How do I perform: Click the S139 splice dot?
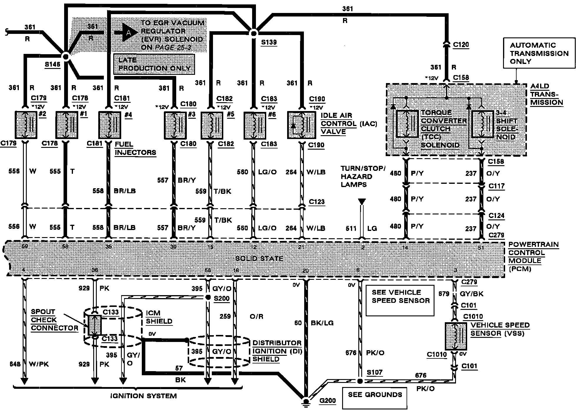pos(253,33)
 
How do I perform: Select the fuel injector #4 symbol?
pos(109,125)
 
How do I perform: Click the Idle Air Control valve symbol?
pos(301,125)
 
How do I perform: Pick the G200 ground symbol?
pos(306,402)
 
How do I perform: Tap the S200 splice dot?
pos(208,297)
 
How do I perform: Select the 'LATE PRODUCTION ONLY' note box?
pos(154,64)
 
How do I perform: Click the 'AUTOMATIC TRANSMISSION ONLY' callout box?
pos(539,53)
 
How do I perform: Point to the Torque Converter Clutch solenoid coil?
pos(407,124)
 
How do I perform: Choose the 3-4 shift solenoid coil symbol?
pos(482,124)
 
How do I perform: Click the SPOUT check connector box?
pos(95,325)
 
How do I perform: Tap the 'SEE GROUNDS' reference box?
pos(375,395)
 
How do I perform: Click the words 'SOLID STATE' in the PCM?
pos(259,259)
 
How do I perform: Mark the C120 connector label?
pos(461,45)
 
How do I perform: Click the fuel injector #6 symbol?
pos(255,125)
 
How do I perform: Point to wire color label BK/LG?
pos(322,323)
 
